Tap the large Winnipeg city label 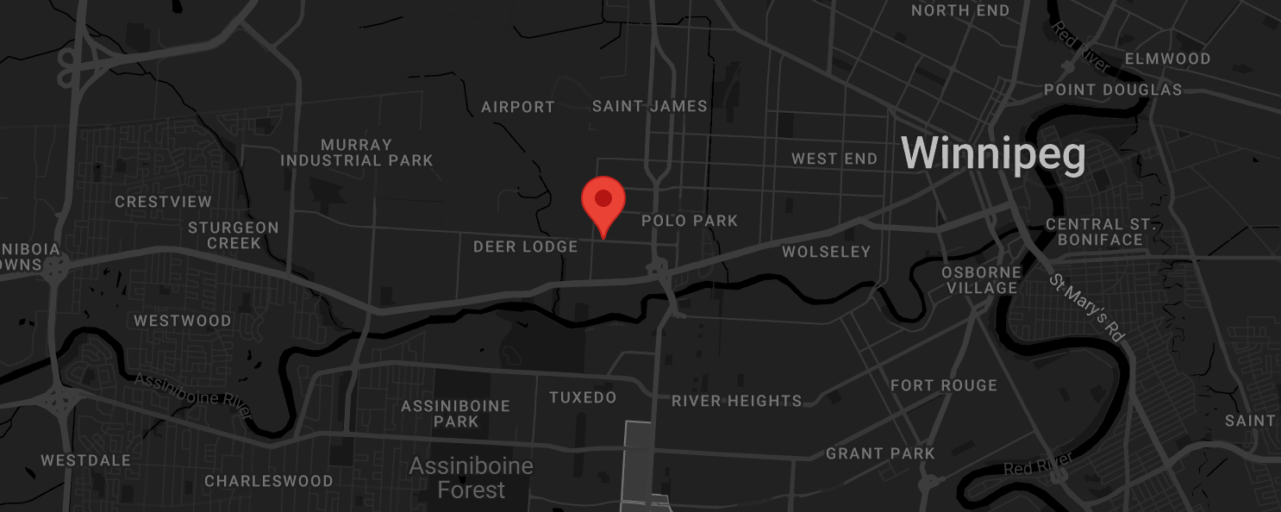click(992, 153)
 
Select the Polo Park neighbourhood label click(690, 221)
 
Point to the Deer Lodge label click(525, 247)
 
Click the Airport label click(517, 107)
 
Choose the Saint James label click(650, 106)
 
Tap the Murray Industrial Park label click(356, 153)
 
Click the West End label click(834, 159)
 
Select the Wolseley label click(826, 252)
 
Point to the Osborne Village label click(981, 280)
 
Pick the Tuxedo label click(583, 397)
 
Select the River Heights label click(736, 401)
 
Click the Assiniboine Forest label click(471, 478)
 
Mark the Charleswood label click(268, 481)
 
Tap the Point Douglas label click(1112, 90)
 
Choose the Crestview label click(163, 202)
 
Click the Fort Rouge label click(943, 385)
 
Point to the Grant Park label click(880, 453)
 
